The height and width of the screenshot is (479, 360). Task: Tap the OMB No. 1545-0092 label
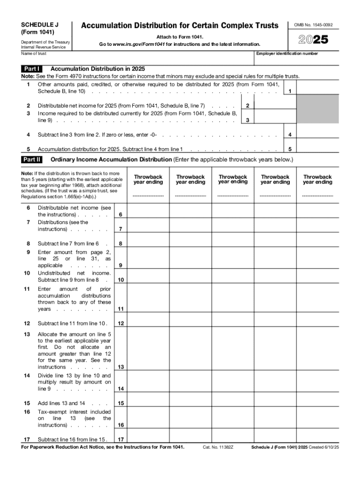click(x=317, y=25)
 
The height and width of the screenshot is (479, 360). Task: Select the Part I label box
click(x=32, y=69)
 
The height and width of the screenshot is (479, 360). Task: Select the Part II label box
click(x=32, y=160)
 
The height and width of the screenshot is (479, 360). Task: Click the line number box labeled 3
click(x=247, y=120)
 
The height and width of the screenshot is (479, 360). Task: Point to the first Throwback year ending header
click(x=148, y=179)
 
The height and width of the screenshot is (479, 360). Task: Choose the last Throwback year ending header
click(x=317, y=179)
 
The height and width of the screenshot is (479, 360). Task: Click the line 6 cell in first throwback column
click(x=148, y=211)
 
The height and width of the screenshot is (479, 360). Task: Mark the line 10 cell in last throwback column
click(x=317, y=276)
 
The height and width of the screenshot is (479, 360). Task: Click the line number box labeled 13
click(x=121, y=367)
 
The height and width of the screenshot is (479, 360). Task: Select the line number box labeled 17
click(x=121, y=439)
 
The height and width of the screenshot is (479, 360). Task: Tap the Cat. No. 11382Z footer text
click(x=218, y=447)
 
